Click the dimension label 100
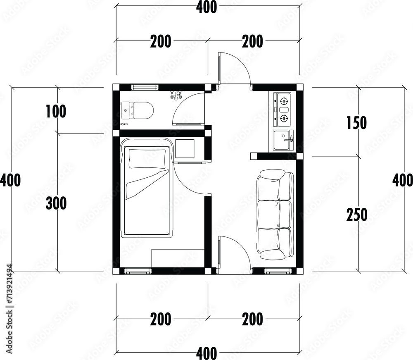tap(56, 111)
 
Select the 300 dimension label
tap(56, 203)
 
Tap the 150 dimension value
tap(357, 123)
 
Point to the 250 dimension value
tap(357, 215)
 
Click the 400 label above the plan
tap(206, 7)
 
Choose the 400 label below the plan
tap(206, 353)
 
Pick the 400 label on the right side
tap(403, 181)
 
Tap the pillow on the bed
tap(147, 159)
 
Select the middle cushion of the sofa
tap(274, 214)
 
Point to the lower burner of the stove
tap(283, 119)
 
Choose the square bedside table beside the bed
tap(185, 149)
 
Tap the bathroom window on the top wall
tap(145, 87)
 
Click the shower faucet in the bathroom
tap(176, 95)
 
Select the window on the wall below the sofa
tap(278, 271)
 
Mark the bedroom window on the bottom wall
tap(138, 271)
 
